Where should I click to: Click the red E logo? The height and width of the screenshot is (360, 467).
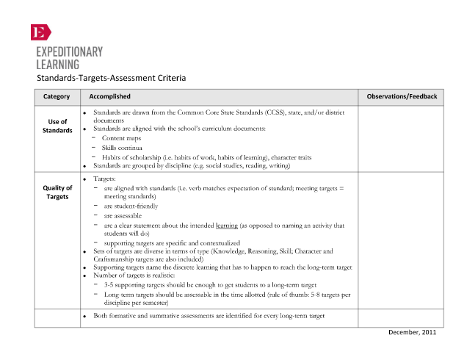point(40,32)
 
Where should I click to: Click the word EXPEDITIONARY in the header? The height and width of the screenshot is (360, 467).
point(70,52)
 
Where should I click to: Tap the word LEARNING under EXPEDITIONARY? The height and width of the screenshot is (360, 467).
point(58,64)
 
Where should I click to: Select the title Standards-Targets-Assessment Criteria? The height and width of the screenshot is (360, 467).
point(112,78)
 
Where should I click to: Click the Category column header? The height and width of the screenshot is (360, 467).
point(57,96)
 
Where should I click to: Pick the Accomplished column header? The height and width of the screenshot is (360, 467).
point(109,96)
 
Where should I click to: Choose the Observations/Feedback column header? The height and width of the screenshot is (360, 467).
point(401,96)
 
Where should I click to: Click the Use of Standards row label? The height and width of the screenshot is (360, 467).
point(57,126)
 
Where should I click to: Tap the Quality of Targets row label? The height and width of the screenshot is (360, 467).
point(57,192)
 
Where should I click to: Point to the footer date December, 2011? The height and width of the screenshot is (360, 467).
point(413,332)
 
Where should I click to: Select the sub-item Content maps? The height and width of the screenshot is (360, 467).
point(123,138)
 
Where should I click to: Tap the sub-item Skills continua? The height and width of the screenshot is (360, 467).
point(122,148)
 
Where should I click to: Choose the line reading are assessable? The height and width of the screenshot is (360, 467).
point(123,216)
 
